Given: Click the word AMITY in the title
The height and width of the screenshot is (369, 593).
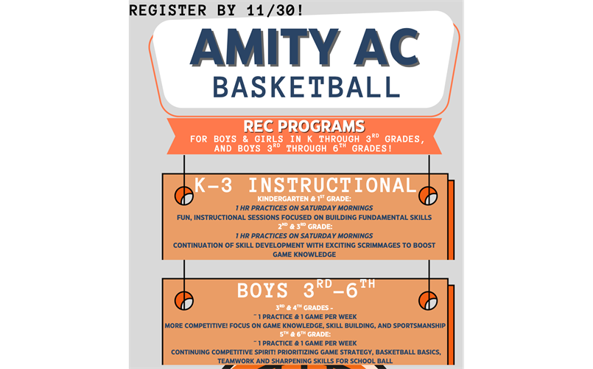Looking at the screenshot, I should (x=260, y=49).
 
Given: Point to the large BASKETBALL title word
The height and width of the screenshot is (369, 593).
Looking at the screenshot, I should (x=306, y=87).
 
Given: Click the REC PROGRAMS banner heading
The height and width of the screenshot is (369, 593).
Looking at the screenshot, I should (x=305, y=126).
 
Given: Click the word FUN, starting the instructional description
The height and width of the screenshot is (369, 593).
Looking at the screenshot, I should (x=183, y=218).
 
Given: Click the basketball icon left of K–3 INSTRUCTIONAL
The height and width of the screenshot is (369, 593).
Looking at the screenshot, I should (x=184, y=196).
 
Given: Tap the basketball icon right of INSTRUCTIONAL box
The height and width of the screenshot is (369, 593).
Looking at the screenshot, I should (x=428, y=196).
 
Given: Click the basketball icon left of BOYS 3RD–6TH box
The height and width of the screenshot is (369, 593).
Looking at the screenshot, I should (x=184, y=300).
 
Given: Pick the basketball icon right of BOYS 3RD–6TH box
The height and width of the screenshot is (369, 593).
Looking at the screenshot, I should (x=428, y=300).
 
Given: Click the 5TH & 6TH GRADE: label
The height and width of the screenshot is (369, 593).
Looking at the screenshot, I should (x=305, y=334).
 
